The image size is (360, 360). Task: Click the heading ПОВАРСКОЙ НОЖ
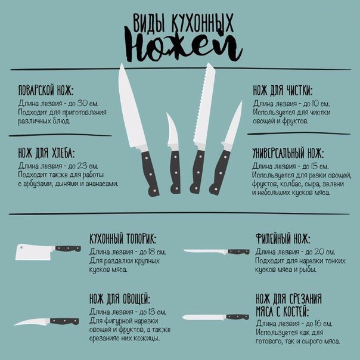coord(46,90)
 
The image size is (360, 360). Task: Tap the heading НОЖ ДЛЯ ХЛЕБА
coord(46,153)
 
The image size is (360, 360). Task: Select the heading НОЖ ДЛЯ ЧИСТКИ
coord(283,90)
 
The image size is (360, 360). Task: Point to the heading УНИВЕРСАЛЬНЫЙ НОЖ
coord(288,153)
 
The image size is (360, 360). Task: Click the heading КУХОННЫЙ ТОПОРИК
coord(123,239)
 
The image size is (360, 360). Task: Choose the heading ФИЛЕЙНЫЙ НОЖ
coord(283,239)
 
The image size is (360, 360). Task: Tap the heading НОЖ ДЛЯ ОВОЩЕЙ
coord(120,299)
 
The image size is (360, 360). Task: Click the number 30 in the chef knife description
coord(82,103)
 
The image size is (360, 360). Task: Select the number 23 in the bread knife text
coord(82,166)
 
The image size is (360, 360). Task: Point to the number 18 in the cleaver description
coord(151,252)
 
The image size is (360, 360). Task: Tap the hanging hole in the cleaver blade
coord(21,247)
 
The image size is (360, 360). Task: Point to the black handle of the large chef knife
coord(150,173)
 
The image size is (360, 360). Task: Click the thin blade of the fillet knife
coord(206,252)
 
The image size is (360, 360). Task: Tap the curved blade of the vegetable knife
coord(32,322)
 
